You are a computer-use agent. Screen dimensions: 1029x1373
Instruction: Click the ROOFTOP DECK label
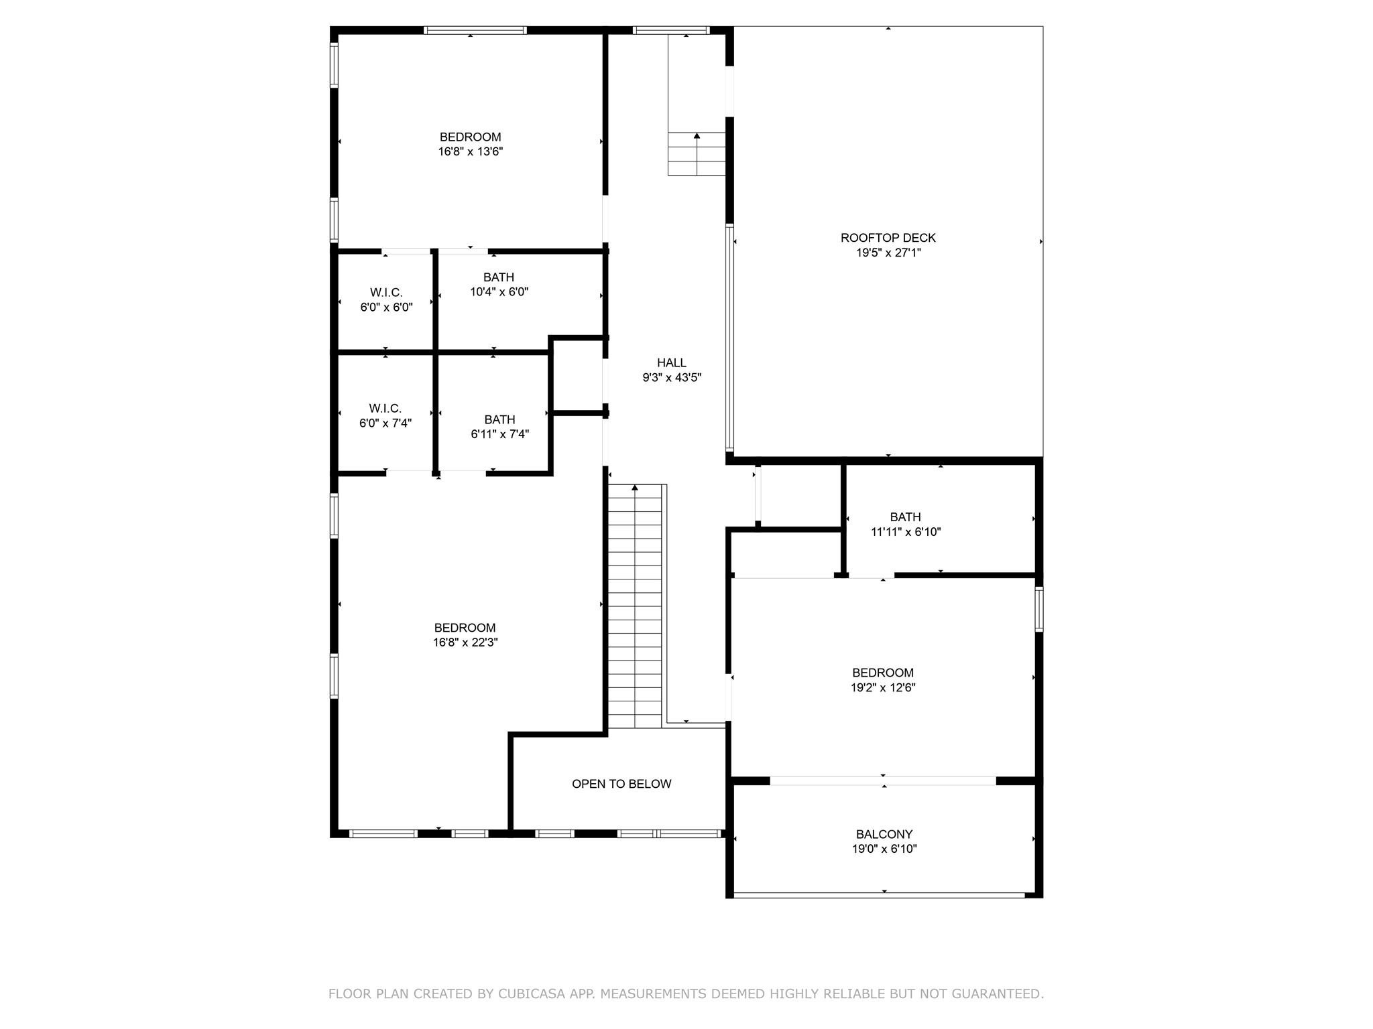tap(888, 238)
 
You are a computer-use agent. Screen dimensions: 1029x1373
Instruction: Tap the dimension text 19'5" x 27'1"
tap(888, 253)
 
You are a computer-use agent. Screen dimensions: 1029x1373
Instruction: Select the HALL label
tap(671, 363)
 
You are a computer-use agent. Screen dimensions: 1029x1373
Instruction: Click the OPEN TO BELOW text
tap(621, 784)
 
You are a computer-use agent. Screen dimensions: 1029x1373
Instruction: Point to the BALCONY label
tap(884, 834)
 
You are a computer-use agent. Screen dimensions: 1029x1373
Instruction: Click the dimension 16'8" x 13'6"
tap(471, 151)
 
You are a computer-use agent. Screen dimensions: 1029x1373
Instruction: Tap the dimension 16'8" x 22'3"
tap(465, 642)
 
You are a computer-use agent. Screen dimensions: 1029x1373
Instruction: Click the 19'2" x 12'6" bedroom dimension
tap(883, 687)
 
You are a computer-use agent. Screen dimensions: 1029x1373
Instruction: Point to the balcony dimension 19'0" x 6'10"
tap(884, 849)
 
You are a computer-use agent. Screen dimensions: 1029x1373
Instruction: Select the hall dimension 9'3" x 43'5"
tap(672, 377)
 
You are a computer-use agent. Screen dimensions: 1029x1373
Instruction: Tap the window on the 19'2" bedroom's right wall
tap(1038, 609)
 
